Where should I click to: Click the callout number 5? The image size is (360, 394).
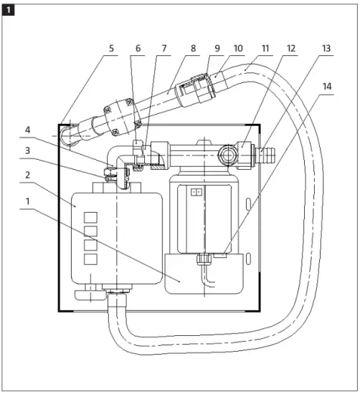pyautogui.click(x=111, y=48)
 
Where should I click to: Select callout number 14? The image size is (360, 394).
pyautogui.click(x=327, y=87)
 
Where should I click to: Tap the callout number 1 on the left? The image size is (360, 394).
pyautogui.click(x=28, y=201)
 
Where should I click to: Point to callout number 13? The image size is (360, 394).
pyautogui.click(x=326, y=48)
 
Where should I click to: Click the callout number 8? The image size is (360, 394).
pyautogui.click(x=193, y=48)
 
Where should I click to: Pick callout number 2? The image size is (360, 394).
pyautogui.click(x=28, y=175)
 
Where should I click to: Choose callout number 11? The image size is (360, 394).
pyautogui.click(x=265, y=48)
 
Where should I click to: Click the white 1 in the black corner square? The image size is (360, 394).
pyautogui.click(x=9, y=10)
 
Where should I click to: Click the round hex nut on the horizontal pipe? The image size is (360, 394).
pyautogui.click(x=227, y=156)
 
